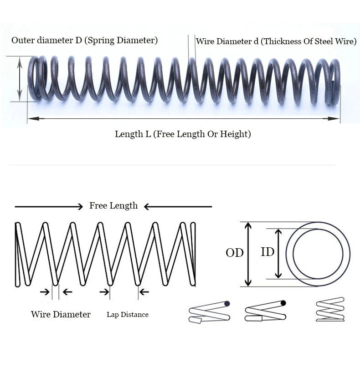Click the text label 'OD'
coord(235,253)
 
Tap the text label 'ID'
coord(267,252)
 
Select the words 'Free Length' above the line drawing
coord(113,206)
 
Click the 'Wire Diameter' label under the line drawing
coord(61,314)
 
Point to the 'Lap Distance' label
coord(128,315)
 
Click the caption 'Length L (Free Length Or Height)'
coord(183,134)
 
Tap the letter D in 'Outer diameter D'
coord(79,40)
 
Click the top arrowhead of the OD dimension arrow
coord(248,225)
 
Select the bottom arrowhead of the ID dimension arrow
coord(278,275)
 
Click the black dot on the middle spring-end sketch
coord(283,303)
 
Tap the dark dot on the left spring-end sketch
coord(227,304)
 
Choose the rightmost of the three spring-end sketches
coord(330,309)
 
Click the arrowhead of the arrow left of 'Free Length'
coord(80,207)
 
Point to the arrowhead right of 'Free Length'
coord(147,207)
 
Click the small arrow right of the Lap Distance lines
coord(144,292)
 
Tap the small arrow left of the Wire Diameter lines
coord(45,292)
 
